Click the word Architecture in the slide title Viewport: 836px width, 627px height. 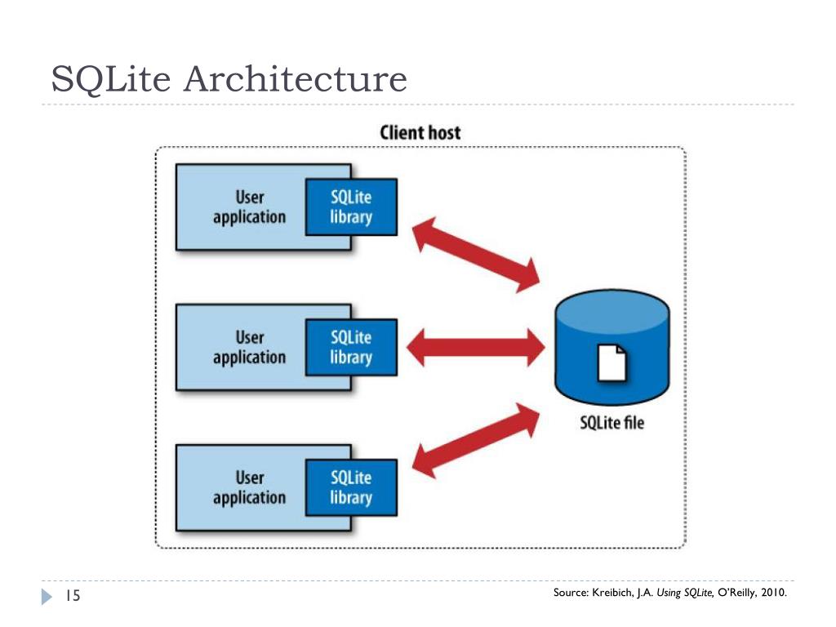pos(296,79)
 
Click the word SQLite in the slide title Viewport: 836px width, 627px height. pos(111,80)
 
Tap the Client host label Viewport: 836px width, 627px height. pos(420,132)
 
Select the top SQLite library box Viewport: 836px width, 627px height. pos(351,207)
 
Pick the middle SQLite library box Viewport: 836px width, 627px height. pos(351,347)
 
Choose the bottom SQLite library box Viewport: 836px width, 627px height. pos(351,487)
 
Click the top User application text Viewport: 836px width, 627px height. pos(250,207)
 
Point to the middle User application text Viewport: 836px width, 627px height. pos(250,348)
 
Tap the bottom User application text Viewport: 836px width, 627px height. pos(250,488)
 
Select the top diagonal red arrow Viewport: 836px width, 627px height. pos(476,255)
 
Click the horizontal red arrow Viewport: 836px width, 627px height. pos(476,348)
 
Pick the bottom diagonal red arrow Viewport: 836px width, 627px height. pos(476,440)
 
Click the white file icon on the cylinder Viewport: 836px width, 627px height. pos(612,363)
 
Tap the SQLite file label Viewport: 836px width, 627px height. pos(612,423)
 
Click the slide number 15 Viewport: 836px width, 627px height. pos(73,595)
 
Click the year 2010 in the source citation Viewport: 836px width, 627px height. pos(774,593)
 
